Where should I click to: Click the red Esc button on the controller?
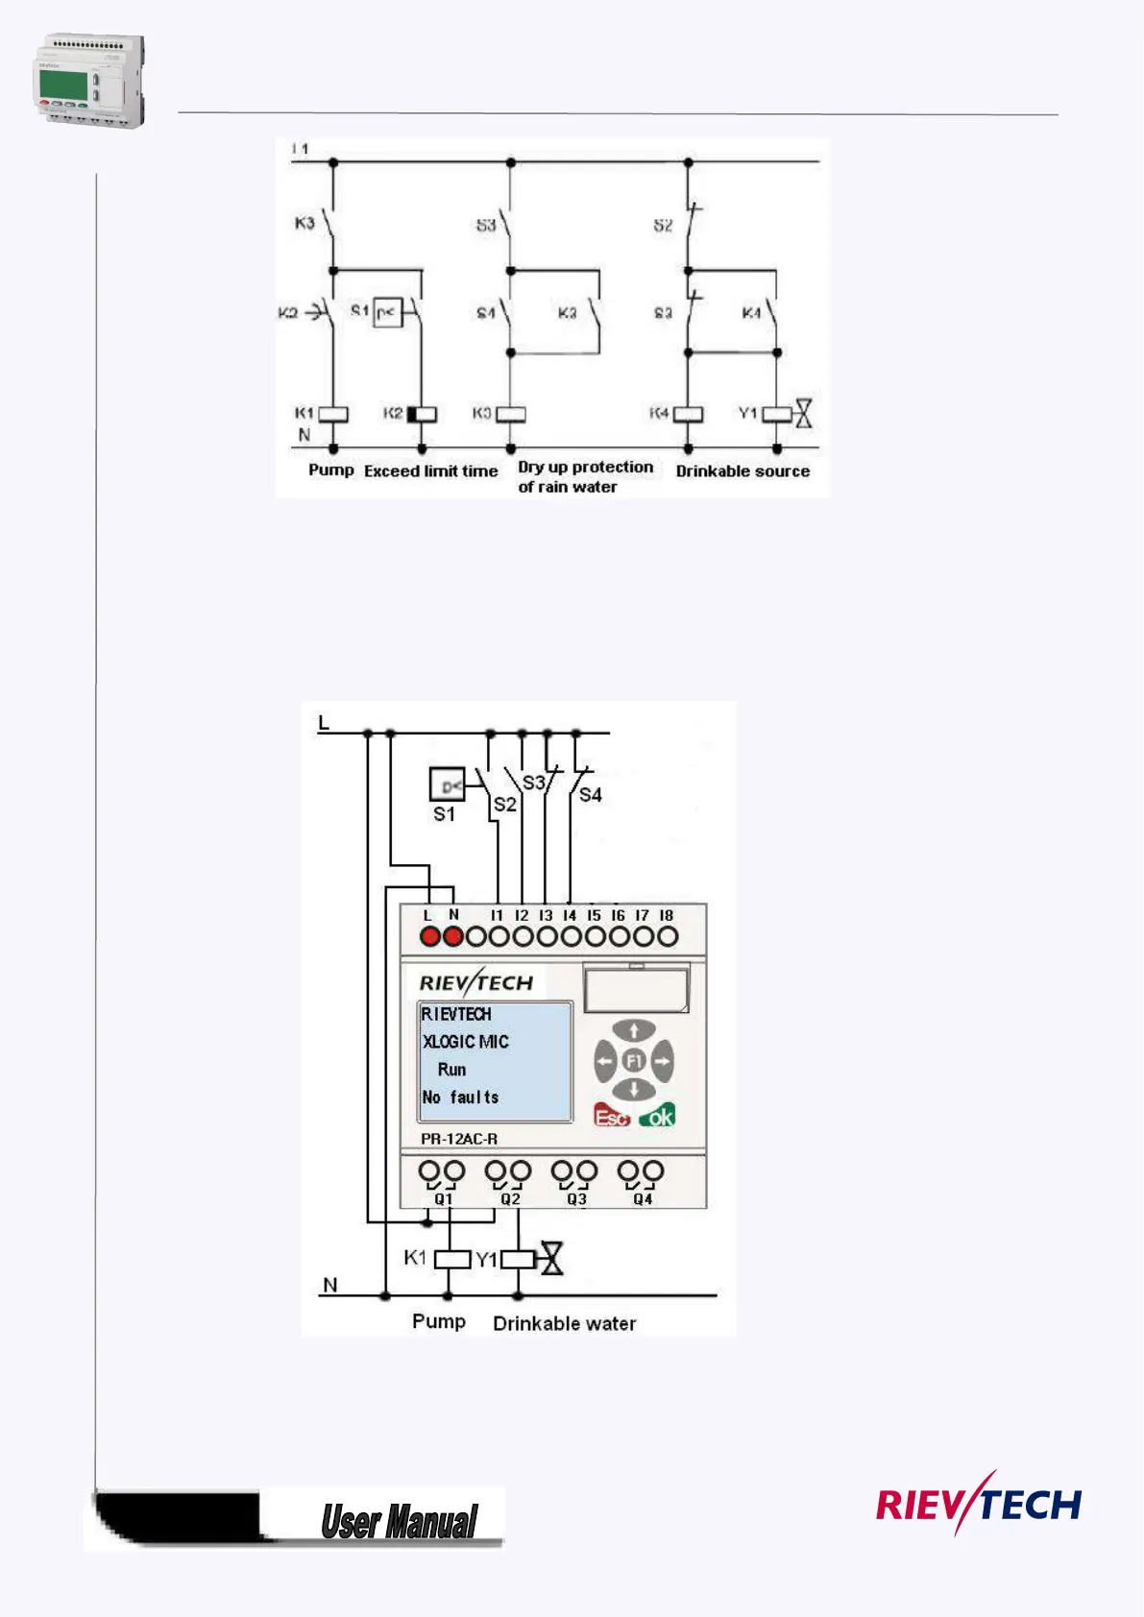[612, 1116]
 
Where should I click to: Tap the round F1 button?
[634, 1061]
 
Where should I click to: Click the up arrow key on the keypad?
[634, 1031]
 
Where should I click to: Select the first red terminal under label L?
[429, 936]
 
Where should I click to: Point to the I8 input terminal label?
[667, 916]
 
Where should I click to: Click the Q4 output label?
[643, 1199]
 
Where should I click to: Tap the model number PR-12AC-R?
[459, 1139]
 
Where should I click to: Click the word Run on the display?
[451, 1070]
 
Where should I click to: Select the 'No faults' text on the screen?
[460, 1097]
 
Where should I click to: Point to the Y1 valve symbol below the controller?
[552, 1258]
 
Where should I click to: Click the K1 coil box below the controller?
[452, 1258]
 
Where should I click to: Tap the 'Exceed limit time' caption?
[430, 471]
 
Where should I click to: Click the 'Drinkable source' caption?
[742, 471]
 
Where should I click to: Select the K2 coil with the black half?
[422, 415]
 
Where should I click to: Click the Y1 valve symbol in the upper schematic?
[803, 414]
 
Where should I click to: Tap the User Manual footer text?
[399, 1522]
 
